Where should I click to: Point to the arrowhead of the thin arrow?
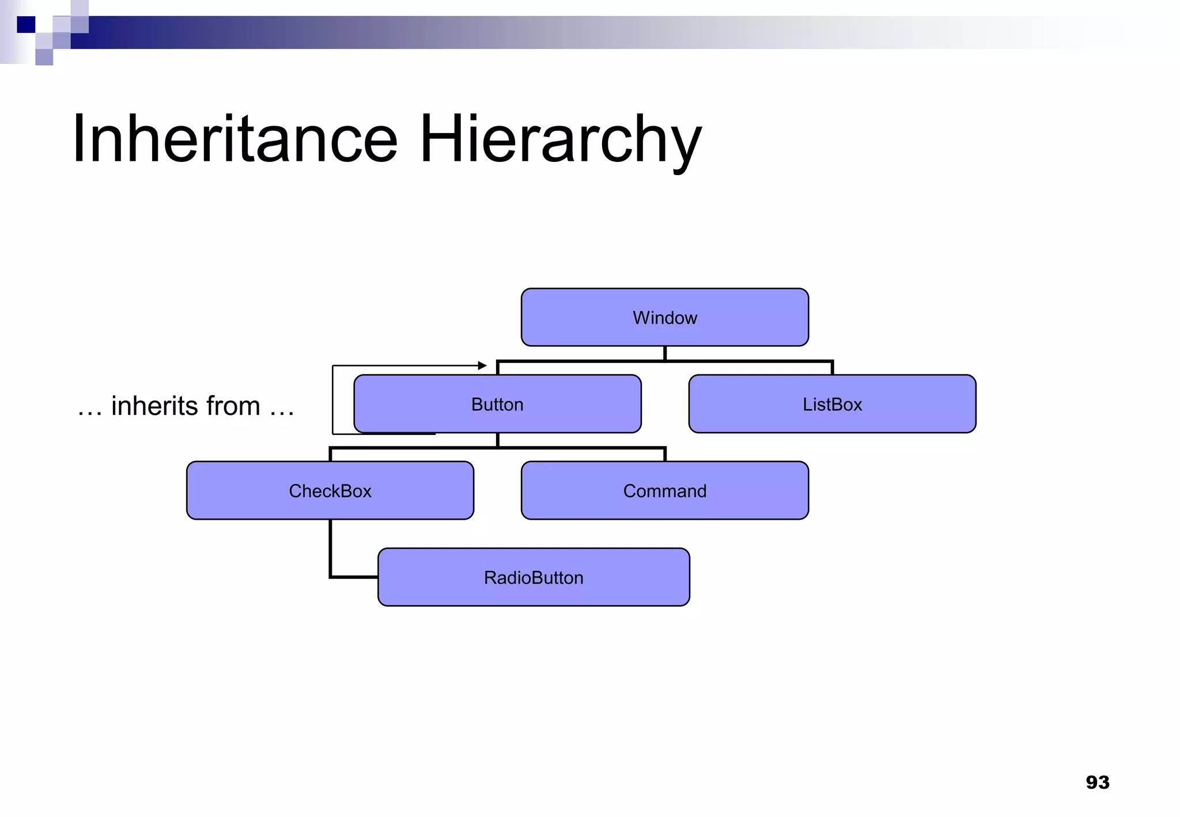click(x=483, y=365)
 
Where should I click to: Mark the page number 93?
click(x=1097, y=782)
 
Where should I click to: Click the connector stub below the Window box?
click(x=665, y=353)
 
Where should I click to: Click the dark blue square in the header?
click(x=26, y=25)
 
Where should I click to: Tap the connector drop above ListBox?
click(x=832, y=368)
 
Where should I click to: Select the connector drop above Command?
click(x=665, y=454)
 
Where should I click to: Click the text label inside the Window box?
click(x=665, y=317)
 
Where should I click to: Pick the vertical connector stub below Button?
click(x=497, y=440)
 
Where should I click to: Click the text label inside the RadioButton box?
click(x=534, y=577)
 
